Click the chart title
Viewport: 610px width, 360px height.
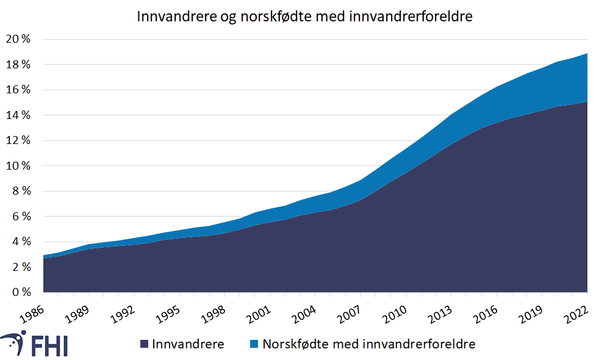pos(304,17)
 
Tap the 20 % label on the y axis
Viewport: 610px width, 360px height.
pos(18,39)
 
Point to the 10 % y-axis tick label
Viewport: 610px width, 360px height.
pos(18,166)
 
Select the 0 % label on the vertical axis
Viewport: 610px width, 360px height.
pos(21,292)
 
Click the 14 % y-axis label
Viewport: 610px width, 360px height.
pos(18,115)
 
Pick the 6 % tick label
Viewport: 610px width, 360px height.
pos(21,217)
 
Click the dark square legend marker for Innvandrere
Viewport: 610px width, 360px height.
pos(145,344)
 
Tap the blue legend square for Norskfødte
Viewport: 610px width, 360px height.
pos(255,344)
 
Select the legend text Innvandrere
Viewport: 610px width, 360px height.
pos(188,344)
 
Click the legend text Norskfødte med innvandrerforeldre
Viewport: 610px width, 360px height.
pos(369,344)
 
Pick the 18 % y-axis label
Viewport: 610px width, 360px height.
pos(18,65)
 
